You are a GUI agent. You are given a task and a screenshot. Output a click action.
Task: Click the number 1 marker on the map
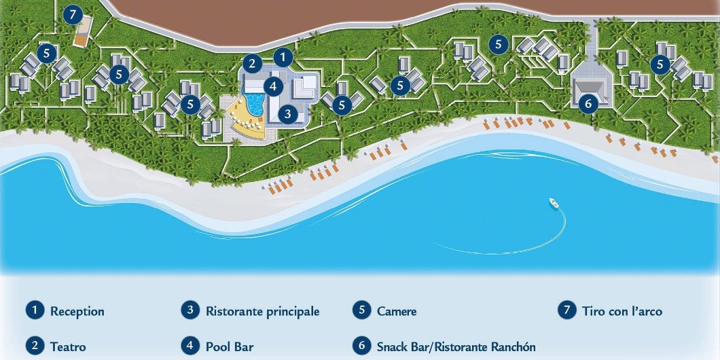283,56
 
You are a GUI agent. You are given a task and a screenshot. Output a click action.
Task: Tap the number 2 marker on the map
252,64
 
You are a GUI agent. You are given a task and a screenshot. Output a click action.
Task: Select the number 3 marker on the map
288,114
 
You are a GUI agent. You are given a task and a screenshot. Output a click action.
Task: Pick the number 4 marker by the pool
272,86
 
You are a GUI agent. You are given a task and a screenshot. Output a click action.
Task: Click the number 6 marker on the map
588,103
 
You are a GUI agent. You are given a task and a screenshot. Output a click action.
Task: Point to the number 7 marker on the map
72,15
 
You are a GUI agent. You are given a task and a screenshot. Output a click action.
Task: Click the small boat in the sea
554,202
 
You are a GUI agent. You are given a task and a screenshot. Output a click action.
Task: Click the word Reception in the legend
77,312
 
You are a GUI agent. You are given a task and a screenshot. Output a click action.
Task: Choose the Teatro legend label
68,346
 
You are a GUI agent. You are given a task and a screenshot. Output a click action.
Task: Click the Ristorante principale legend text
262,311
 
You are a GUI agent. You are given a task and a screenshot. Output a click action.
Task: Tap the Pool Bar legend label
230,346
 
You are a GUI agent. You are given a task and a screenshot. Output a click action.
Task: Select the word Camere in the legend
397,311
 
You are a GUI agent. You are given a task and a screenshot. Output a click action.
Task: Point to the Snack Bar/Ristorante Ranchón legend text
456,346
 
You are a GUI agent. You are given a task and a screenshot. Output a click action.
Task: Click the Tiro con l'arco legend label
622,311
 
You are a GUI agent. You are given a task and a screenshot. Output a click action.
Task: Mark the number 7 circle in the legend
566,310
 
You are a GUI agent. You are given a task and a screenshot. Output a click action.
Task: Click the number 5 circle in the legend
361,310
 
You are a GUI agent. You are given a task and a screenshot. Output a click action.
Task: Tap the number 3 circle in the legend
190,310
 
